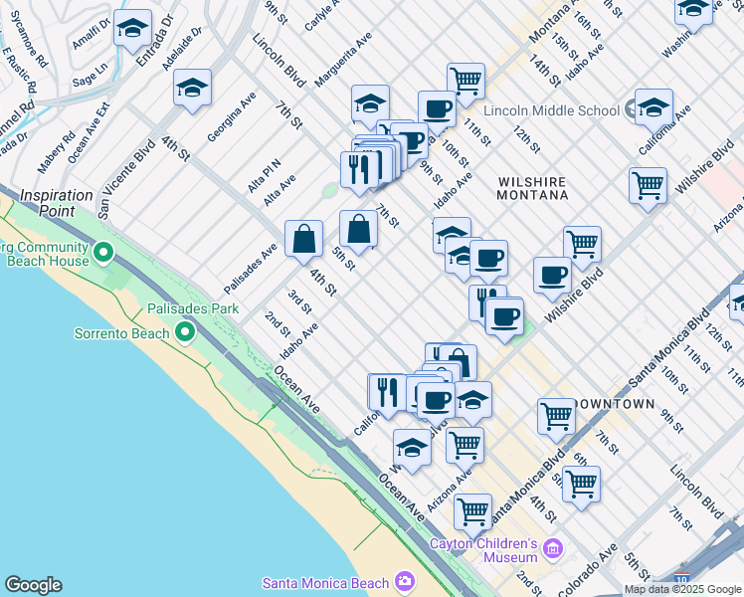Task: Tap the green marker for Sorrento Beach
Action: pos(185,331)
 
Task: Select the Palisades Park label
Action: pos(193,309)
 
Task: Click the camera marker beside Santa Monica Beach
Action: pos(404,581)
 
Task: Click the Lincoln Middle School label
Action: pos(552,110)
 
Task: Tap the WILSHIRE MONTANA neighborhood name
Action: pos(532,189)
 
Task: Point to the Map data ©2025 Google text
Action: pos(682,589)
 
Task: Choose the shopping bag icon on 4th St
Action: pos(303,239)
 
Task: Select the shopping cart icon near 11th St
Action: pos(465,80)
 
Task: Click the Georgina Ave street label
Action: pos(232,117)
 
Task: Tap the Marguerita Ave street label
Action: pos(342,57)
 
